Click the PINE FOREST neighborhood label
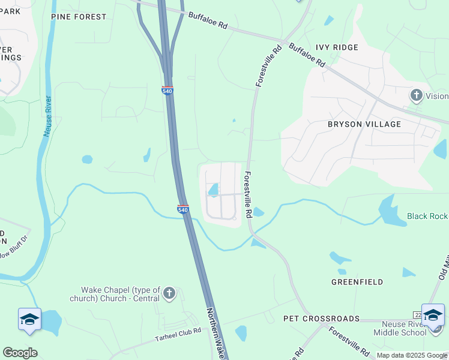tap(79, 17)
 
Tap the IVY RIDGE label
tap(337, 47)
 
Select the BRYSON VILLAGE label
tap(364, 124)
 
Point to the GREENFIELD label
tap(357, 281)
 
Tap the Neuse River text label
tap(47, 116)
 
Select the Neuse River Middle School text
tap(400, 328)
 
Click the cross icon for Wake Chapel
tap(169, 293)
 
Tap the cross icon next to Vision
tap(416, 95)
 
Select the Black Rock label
tap(427, 216)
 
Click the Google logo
tap(20, 352)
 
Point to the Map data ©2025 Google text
tap(412, 355)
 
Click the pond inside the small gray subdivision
tap(213, 190)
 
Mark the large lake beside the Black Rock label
tap(390, 212)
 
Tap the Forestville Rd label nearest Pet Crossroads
tap(348, 341)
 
